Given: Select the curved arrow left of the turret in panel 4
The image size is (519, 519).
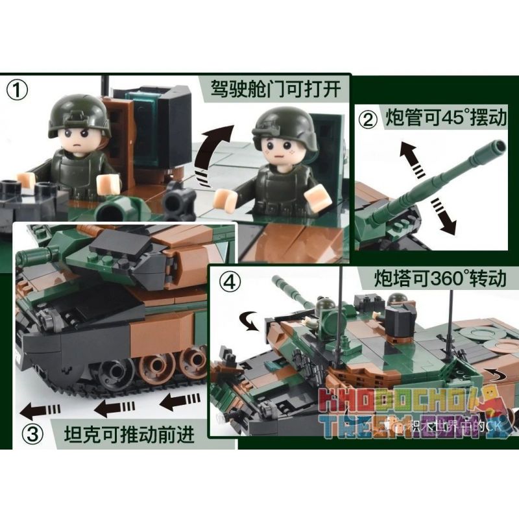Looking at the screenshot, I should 247,319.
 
